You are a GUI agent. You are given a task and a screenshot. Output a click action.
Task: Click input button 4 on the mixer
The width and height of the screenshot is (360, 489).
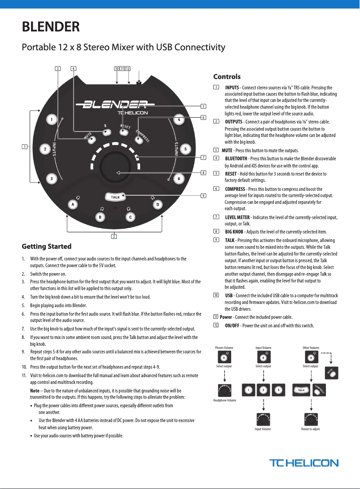pos(179,120)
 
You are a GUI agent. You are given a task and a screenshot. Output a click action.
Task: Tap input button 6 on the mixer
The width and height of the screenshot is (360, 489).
pos(179,179)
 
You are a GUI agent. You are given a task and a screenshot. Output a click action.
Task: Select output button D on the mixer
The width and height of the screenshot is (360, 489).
pos(157,205)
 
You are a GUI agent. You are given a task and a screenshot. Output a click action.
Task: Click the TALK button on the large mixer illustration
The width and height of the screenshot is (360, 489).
pos(115,197)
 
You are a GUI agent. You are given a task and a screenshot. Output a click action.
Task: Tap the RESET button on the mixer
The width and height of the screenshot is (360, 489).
pos(123,133)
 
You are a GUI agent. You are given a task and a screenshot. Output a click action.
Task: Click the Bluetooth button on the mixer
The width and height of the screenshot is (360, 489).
pos(106,132)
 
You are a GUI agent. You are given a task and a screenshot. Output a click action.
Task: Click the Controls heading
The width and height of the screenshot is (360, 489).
pos(227,77)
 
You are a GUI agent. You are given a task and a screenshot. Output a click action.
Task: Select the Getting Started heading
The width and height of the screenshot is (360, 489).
pos(47,246)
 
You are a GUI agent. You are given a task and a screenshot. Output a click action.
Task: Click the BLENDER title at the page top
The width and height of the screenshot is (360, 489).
pos(51,27)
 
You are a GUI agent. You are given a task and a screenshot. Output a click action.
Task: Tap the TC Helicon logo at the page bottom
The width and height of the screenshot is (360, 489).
pos(303,463)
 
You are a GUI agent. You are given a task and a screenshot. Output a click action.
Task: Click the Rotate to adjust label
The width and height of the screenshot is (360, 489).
pos(310,429)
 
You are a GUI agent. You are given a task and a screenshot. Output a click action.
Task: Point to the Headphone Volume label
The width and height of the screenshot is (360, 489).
pos(224,400)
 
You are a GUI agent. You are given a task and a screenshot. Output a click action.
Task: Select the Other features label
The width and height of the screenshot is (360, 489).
pos(311,348)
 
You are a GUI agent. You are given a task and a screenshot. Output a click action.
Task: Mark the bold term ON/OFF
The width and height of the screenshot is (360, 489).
pos(233,326)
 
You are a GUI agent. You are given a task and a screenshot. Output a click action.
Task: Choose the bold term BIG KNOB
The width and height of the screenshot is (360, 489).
pos(234,232)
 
